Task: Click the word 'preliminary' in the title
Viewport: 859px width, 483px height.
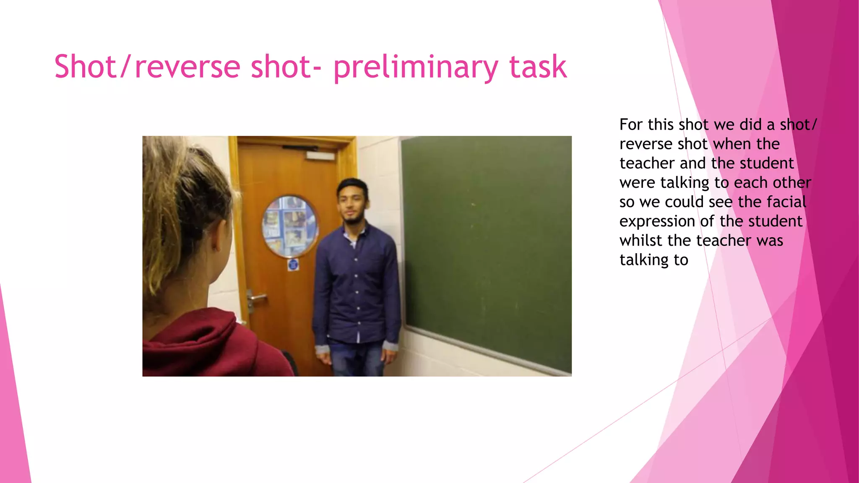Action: pyautogui.click(x=415, y=67)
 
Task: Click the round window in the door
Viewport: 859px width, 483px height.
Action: pyautogui.click(x=290, y=226)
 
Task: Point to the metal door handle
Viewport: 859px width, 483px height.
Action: pyautogui.click(x=255, y=298)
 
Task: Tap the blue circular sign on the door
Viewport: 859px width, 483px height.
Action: pyautogui.click(x=293, y=265)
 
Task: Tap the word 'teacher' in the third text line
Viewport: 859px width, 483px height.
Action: pyautogui.click(x=647, y=163)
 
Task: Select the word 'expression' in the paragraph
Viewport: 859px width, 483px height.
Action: pyautogui.click(x=657, y=221)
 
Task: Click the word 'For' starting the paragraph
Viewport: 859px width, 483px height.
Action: pyautogui.click(x=631, y=125)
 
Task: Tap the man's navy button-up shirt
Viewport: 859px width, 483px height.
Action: pyautogui.click(x=357, y=285)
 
